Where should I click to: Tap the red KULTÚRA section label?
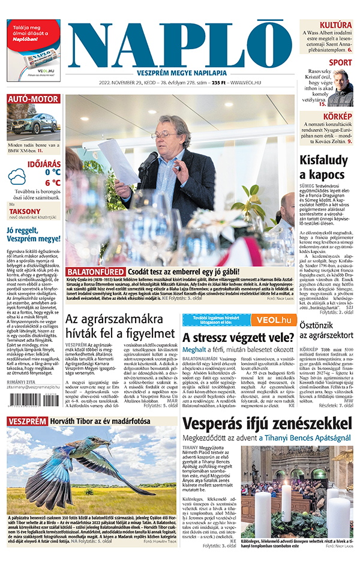click(335, 25)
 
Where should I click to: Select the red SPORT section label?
click(340, 62)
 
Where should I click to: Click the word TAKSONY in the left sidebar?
click(25, 212)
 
